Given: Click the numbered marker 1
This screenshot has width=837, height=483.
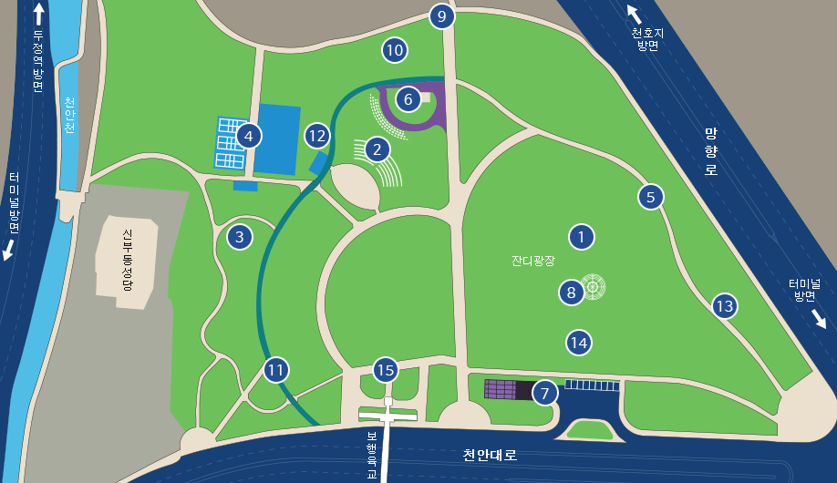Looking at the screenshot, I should (x=581, y=237).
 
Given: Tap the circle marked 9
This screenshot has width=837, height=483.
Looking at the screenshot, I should (x=441, y=16).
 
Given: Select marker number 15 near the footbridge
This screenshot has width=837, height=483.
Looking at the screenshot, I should (x=386, y=370).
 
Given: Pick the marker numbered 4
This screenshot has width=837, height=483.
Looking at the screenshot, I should (x=248, y=137).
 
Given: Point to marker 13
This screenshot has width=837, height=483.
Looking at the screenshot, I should (x=724, y=306).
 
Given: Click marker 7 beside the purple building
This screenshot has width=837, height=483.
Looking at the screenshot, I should (x=544, y=393).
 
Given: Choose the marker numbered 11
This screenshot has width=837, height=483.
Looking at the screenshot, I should (x=276, y=370).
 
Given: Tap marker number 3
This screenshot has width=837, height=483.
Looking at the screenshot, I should (x=239, y=238).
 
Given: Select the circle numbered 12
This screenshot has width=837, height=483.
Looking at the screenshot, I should (x=316, y=137).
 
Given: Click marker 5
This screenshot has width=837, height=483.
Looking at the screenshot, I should (x=650, y=196).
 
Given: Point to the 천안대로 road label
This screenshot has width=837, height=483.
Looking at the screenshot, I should (x=490, y=455).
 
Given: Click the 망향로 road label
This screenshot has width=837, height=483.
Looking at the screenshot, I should (x=711, y=151).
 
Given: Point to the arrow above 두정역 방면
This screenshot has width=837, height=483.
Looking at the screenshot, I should (x=38, y=13).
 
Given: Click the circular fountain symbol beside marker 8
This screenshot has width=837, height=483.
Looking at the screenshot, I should (x=594, y=287).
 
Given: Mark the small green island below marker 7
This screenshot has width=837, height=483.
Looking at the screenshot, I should (x=591, y=429).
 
